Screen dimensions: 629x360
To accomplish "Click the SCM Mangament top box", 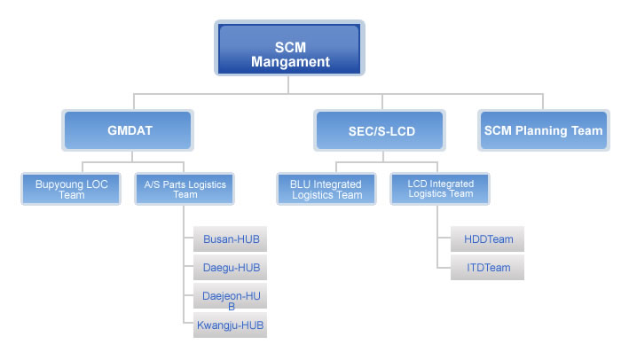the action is [x=289, y=48].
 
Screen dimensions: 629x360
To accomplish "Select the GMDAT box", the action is [x=128, y=130].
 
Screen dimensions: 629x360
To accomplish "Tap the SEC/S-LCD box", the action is [x=380, y=130].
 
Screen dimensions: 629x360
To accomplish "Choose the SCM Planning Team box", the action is [x=544, y=130].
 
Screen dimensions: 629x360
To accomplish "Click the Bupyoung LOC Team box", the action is [x=71, y=189].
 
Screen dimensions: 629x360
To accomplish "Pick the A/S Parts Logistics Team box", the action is [x=185, y=189].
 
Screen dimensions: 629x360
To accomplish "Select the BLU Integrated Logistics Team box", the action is [x=326, y=189].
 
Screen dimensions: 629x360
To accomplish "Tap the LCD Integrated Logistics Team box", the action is [x=440, y=189].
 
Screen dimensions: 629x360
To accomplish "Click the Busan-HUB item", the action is [x=231, y=239].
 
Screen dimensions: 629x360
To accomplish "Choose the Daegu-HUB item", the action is [x=231, y=268].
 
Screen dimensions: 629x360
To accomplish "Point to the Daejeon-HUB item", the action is [x=231, y=296].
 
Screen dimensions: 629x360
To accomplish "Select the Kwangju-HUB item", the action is [x=231, y=325].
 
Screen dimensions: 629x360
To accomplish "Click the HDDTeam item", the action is [x=487, y=239].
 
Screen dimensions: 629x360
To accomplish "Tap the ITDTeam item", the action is [x=487, y=268].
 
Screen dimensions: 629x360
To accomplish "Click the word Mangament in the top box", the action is [x=290, y=62].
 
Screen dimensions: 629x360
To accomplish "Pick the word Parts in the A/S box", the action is [x=174, y=184].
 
